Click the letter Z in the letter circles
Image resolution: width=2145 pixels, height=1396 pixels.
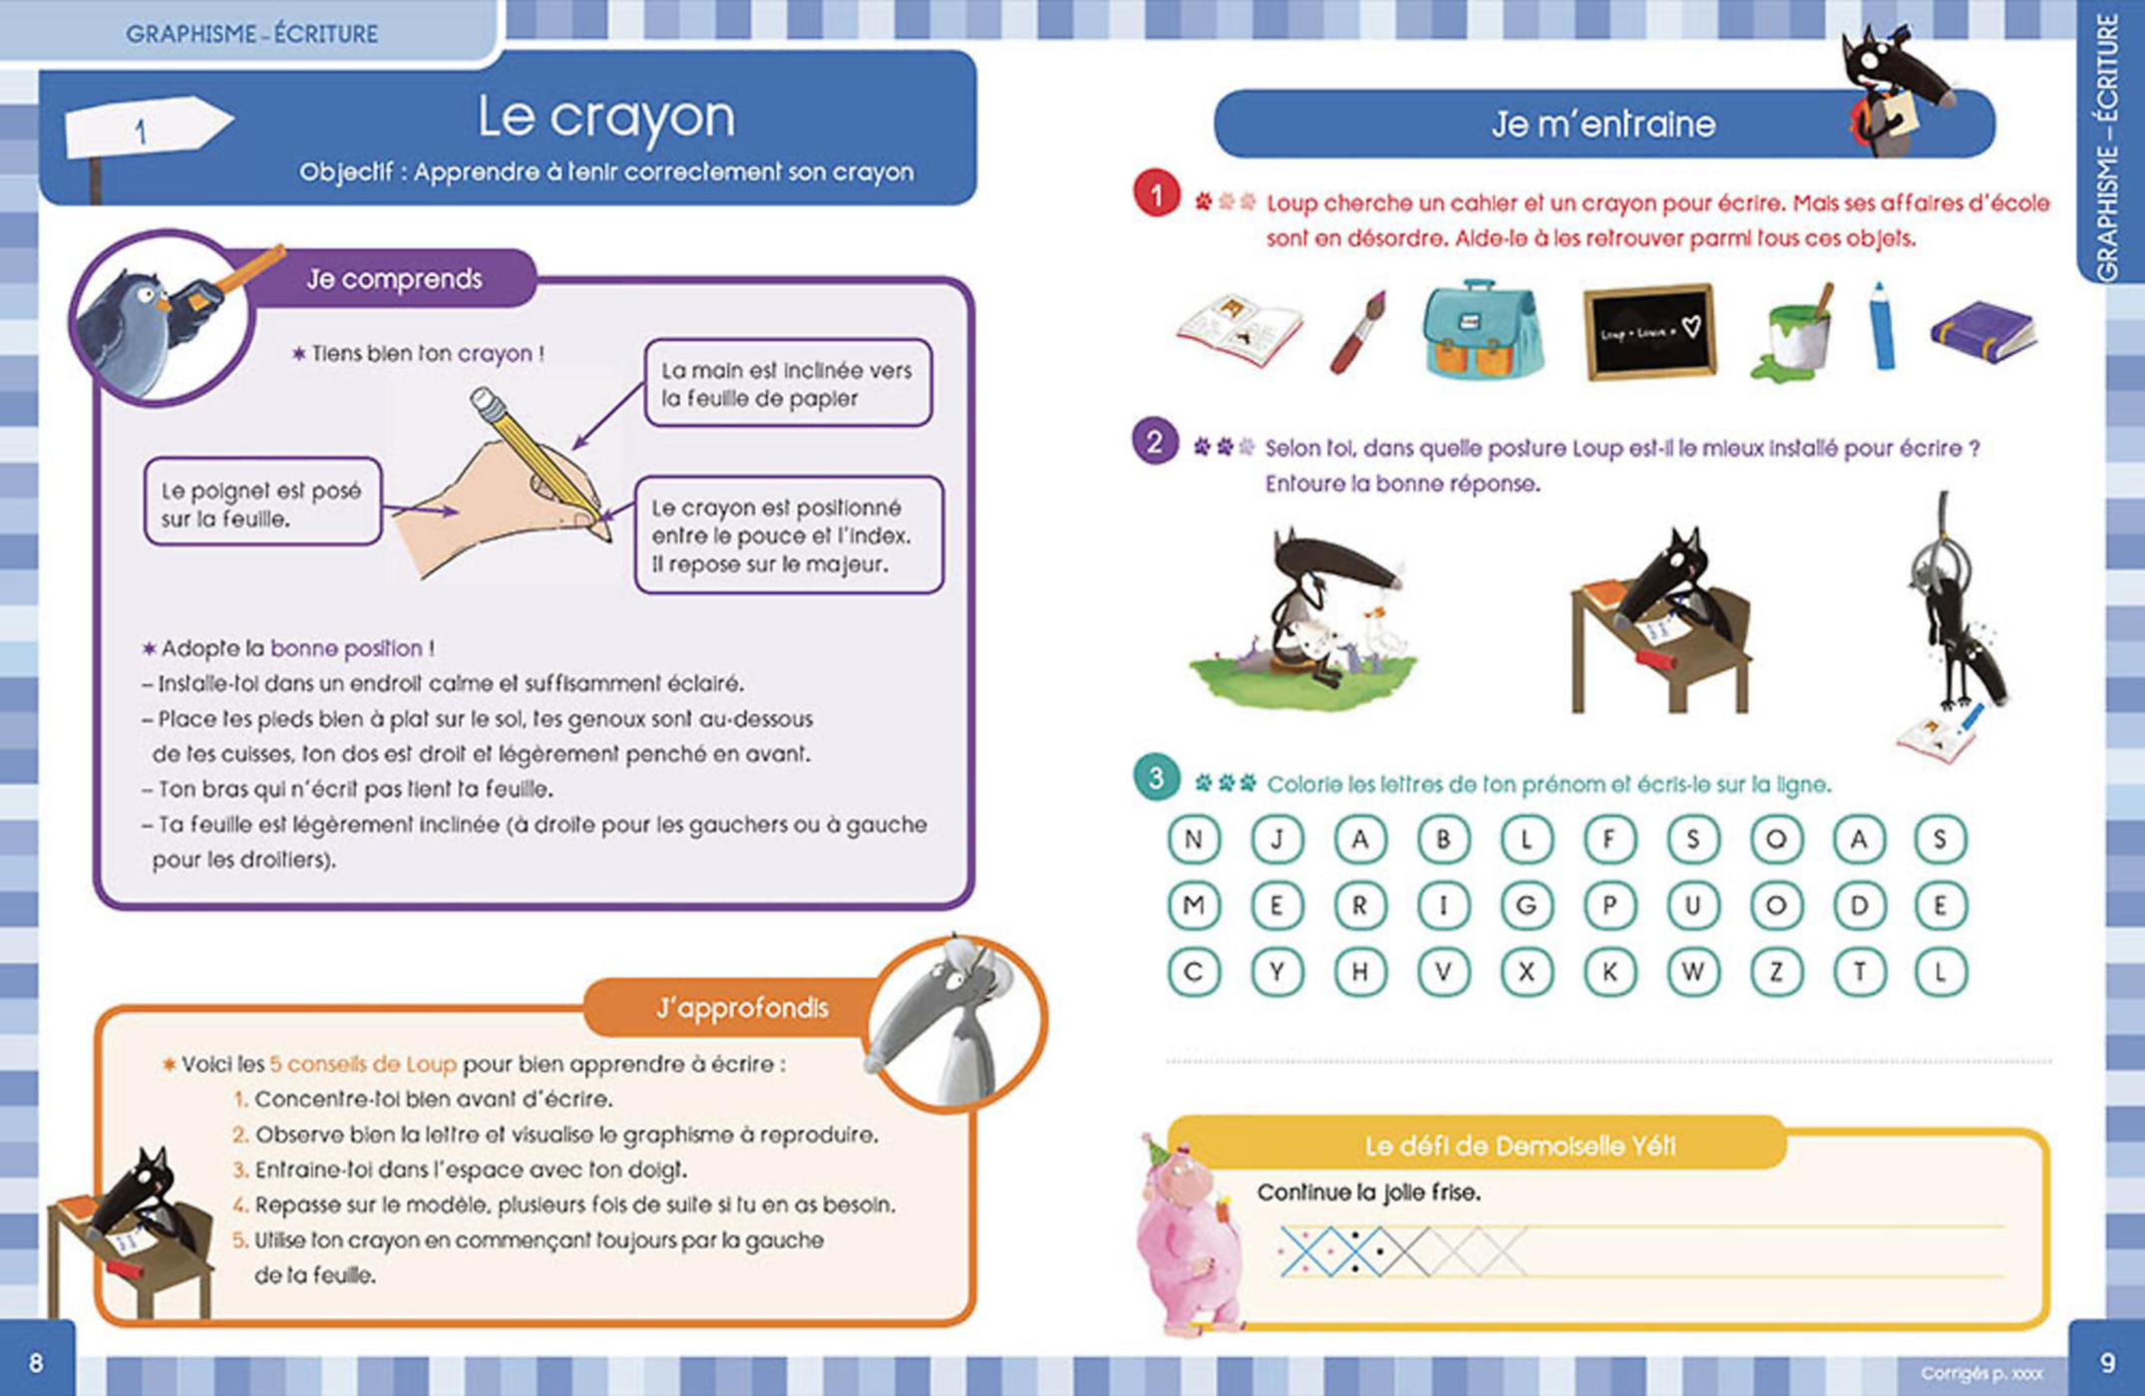tap(1776, 972)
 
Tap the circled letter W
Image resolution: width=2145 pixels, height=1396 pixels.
tap(1692, 972)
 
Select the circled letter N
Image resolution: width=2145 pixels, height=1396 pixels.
tap(1194, 840)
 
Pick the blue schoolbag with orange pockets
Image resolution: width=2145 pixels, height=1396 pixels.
tap(1482, 330)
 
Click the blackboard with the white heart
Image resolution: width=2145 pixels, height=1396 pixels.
tap(1649, 332)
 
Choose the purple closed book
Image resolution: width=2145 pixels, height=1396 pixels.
tap(1982, 332)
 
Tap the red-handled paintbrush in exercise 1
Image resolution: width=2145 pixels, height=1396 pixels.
tap(1358, 332)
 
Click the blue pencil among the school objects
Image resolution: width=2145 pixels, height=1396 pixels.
tap(1881, 327)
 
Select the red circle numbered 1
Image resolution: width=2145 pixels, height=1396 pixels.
tap(1157, 195)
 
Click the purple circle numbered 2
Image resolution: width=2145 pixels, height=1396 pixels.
tap(1155, 442)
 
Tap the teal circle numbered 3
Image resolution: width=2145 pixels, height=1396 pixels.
tap(1157, 778)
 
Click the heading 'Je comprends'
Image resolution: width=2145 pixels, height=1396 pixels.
tap(394, 279)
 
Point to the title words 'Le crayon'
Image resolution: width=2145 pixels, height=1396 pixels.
tap(605, 117)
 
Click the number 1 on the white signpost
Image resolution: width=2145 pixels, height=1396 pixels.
tap(141, 131)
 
